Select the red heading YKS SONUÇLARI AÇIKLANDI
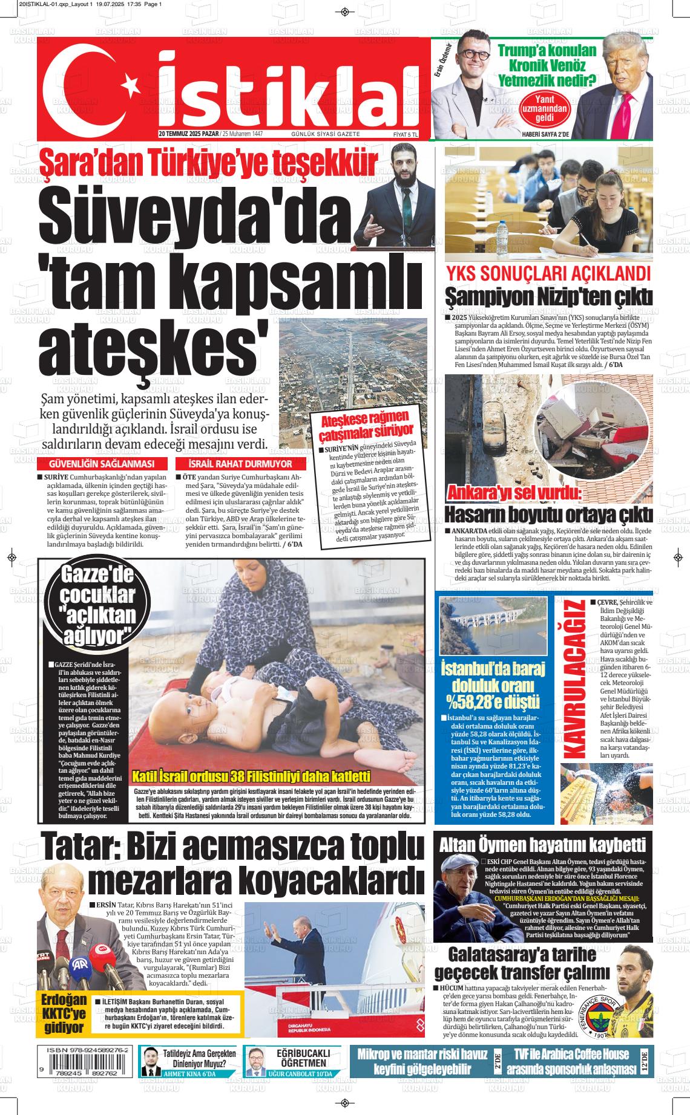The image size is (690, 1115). pyautogui.click(x=548, y=273)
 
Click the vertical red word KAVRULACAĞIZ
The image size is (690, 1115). pyautogui.click(x=574, y=679)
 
